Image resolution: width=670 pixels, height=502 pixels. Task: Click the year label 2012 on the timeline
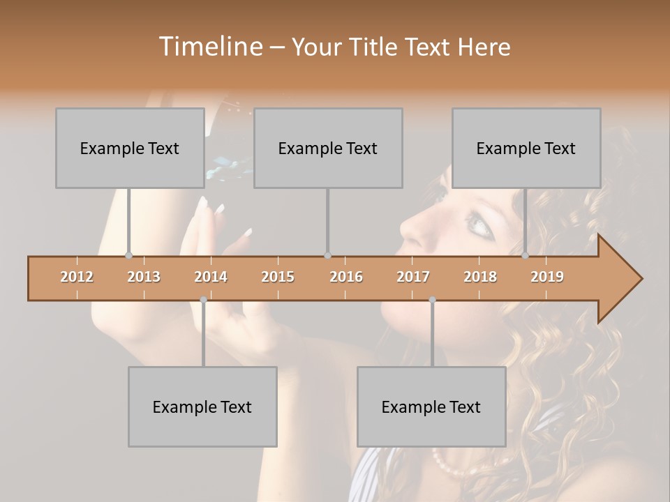click(77, 277)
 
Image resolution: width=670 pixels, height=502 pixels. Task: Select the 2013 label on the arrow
click(144, 277)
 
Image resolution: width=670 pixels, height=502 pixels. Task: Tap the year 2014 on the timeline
click(211, 277)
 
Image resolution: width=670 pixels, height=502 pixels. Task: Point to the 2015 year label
click(278, 277)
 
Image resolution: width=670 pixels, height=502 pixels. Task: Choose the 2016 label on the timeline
click(346, 277)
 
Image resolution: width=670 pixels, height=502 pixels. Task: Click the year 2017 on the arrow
click(413, 277)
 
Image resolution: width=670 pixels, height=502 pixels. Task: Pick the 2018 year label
click(480, 277)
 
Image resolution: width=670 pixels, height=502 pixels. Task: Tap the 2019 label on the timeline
click(547, 277)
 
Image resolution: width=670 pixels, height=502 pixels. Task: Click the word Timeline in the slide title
click(209, 47)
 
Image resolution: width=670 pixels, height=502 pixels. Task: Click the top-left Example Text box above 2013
click(130, 148)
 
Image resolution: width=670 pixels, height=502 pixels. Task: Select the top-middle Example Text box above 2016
click(328, 148)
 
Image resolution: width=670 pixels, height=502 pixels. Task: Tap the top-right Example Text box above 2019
click(526, 148)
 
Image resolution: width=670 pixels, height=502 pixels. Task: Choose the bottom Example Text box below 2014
click(202, 406)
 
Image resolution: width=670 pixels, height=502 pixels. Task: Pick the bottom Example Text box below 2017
click(431, 406)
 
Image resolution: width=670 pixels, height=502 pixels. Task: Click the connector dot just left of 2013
click(128, 255)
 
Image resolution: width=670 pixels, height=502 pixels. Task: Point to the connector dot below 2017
click(432, 300)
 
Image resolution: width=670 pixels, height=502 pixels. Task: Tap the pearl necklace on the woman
click(447, 464)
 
